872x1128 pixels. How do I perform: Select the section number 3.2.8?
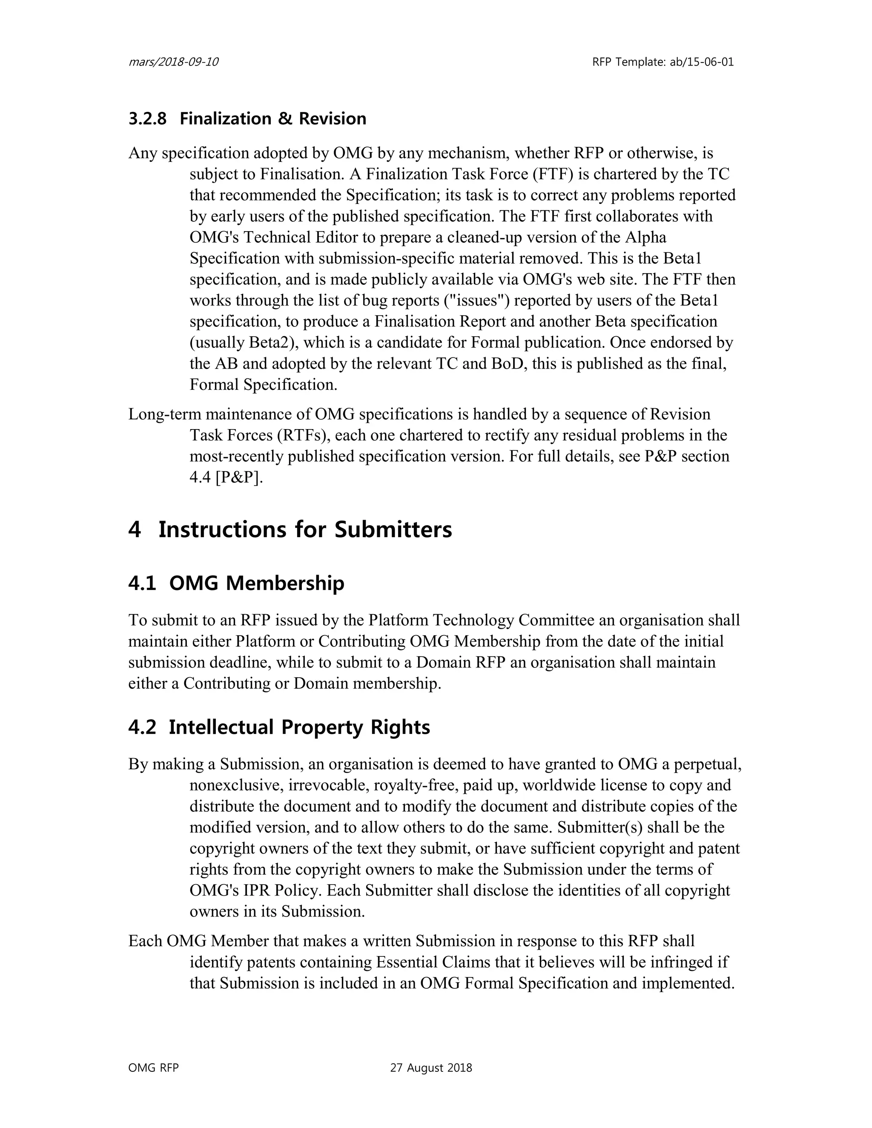click(147, 119)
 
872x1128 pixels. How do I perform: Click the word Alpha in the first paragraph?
click(646, 237)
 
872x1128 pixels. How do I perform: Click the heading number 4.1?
click(142, 584)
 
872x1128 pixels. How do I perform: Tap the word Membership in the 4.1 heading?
click(285, 584)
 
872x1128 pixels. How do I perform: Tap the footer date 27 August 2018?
click(431, 1068)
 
